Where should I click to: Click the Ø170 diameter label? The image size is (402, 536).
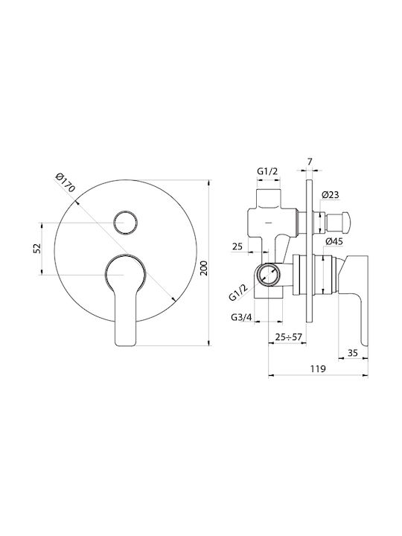coord(65,183)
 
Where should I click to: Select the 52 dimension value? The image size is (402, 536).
coord(37,248)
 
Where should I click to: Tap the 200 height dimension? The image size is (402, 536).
coord(203,268)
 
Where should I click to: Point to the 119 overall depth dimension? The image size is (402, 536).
coord(318,368)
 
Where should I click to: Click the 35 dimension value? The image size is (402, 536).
coord(352,352)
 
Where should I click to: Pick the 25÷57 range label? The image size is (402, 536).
coord(289,337)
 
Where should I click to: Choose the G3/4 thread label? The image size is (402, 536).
coord(241,317)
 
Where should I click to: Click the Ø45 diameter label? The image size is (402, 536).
coord(334,241)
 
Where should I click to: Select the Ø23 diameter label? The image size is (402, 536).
coord(331,195)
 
